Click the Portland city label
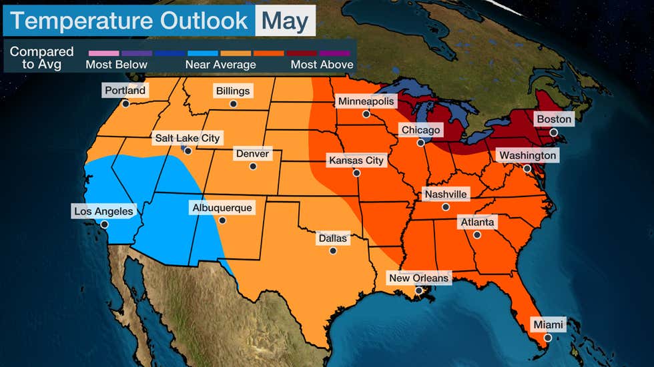pos(125,91)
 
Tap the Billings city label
pos(233,91)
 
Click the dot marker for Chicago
pos(420,143)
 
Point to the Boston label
pos(554,119)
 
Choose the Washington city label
pos(527,155)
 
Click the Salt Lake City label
pos(187,138)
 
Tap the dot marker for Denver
pos(253,167)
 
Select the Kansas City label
pos(356,161)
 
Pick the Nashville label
pos(446,194)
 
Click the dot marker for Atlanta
pos(477,234)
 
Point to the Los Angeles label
pos(104,211)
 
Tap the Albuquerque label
pos(222,208)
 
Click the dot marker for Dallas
pos(332,250)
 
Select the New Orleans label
pos(419,278)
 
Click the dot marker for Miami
pos(548,338)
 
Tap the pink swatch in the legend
pos(103,53)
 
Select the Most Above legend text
pos(322,65)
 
